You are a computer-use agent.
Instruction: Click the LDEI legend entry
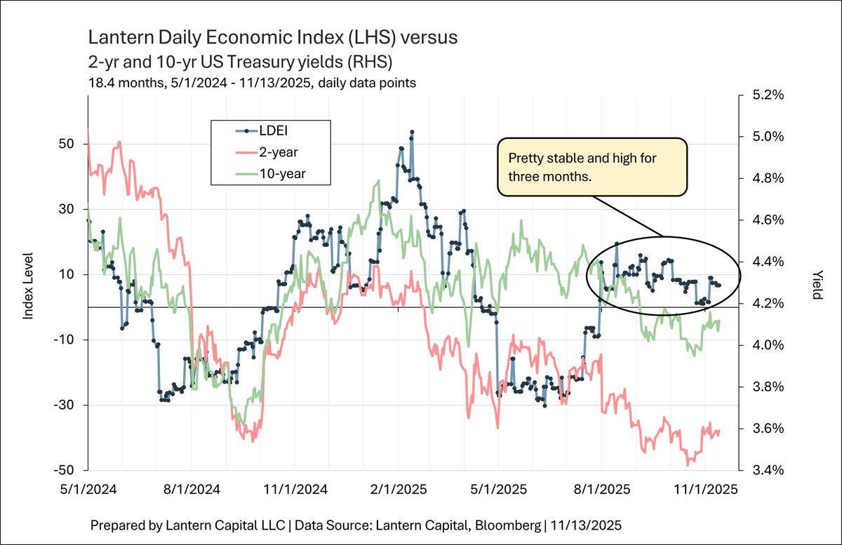pos(261,130)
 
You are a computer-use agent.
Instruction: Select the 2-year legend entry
pos(267,152)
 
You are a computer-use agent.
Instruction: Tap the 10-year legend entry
pos(270,174)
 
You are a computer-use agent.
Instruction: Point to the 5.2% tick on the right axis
pos(768,95)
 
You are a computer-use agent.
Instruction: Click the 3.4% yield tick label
pos(768,470)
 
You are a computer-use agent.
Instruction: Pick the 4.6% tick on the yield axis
pos(768,220)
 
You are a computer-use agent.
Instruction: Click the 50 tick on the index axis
pos(67,144)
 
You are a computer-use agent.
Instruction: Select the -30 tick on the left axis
pos(64,405)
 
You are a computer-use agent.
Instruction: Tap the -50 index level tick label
pos(64,470)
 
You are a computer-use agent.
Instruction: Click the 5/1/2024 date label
pos(88,490)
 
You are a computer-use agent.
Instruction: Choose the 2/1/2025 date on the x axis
pos(399,490)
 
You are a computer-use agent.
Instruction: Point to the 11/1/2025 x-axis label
pos(706,490)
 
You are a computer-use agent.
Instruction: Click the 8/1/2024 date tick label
pos(192,490)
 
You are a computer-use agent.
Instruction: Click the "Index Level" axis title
pos(28,286)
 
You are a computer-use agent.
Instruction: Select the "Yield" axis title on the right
pos(817,285)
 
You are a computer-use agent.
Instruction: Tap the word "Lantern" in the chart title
pos(121,37)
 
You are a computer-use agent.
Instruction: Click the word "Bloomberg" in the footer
pos(507,525)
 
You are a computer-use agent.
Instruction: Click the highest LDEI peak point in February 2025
pos(412,132)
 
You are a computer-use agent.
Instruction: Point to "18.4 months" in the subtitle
pos(126,83)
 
